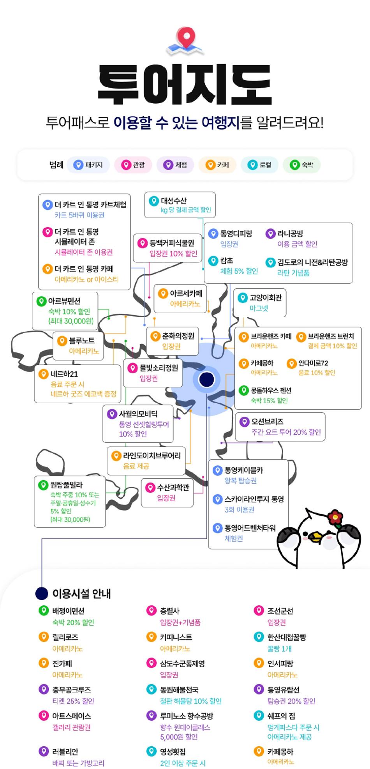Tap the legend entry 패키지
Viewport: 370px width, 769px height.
(88, 165)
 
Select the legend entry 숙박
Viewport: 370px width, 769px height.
(302, 165)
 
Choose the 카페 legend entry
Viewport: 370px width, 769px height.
(217, 165)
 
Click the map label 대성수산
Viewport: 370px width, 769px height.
(174, 201)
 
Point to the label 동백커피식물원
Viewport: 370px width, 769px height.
(172, 243)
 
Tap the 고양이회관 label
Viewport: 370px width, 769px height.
(266, 298)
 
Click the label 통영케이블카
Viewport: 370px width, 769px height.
(244, 470)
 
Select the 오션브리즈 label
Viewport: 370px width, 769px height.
(267, 422)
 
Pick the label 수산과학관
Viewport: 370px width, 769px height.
(173, 488)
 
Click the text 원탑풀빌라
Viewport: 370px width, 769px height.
(67, 485)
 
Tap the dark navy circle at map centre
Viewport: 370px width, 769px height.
(206, 379)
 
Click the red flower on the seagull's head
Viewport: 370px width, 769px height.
(335, 518)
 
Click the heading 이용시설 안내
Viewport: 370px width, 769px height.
(82, 594)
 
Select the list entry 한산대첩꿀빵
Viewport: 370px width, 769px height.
(287, 637)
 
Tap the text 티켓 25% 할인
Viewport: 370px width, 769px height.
(73, 701)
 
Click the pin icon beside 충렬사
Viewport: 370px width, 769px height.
(151, 610)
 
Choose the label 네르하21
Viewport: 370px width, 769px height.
(64, 374)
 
